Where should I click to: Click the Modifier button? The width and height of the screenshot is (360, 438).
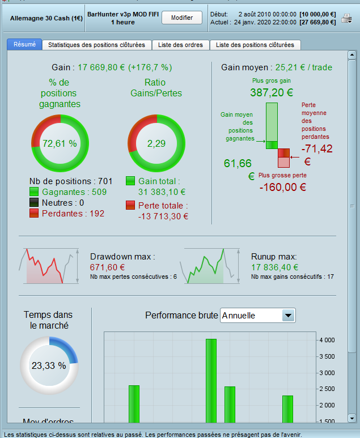[182, 18]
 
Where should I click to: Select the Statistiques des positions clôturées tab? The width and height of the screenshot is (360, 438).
[96, 45]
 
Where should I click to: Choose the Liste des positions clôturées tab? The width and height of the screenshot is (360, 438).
[255, 45]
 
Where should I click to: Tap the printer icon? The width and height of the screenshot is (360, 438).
[347, 19]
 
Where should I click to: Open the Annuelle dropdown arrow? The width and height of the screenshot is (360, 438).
[288, 315]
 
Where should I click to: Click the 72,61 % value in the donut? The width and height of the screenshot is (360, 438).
[60, 143]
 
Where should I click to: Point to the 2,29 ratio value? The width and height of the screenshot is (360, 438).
[156, 143]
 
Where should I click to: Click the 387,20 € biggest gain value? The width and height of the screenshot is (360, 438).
[272, 92]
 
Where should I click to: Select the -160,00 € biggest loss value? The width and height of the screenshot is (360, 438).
[283, 188]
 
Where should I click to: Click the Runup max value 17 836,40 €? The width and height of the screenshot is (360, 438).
[275, 267]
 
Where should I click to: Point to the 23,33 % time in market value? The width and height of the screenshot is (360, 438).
[49, 365]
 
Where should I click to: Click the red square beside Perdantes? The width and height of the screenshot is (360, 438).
[34, 213]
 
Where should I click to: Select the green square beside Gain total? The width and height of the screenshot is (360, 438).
[130, 181]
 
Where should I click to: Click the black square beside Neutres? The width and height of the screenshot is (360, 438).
[34, 203]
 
